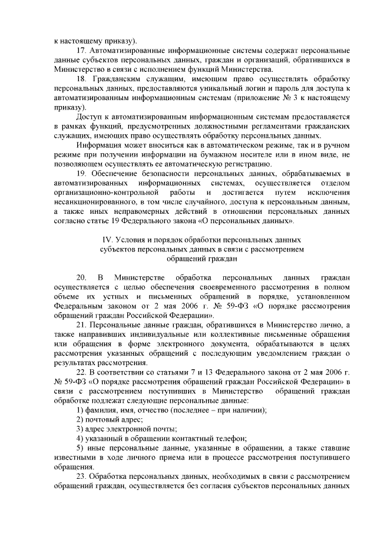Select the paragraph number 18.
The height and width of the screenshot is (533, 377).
point(82,79)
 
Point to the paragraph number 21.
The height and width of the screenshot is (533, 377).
point(82,326)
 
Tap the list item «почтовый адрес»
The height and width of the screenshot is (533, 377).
point(105,419)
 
